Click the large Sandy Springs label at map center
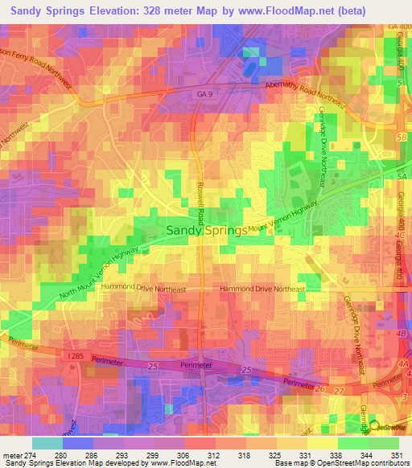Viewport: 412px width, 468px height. (x=206, y=230)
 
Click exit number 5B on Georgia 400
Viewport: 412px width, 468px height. (x=402, y=137)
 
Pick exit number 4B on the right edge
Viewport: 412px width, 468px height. (x=402, y=330)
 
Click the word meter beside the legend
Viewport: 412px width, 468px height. (x=11, y=454)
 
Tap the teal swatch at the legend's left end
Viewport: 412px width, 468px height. (x=47, y=442)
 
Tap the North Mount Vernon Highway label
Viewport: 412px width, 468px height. (x=93, y=273)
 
